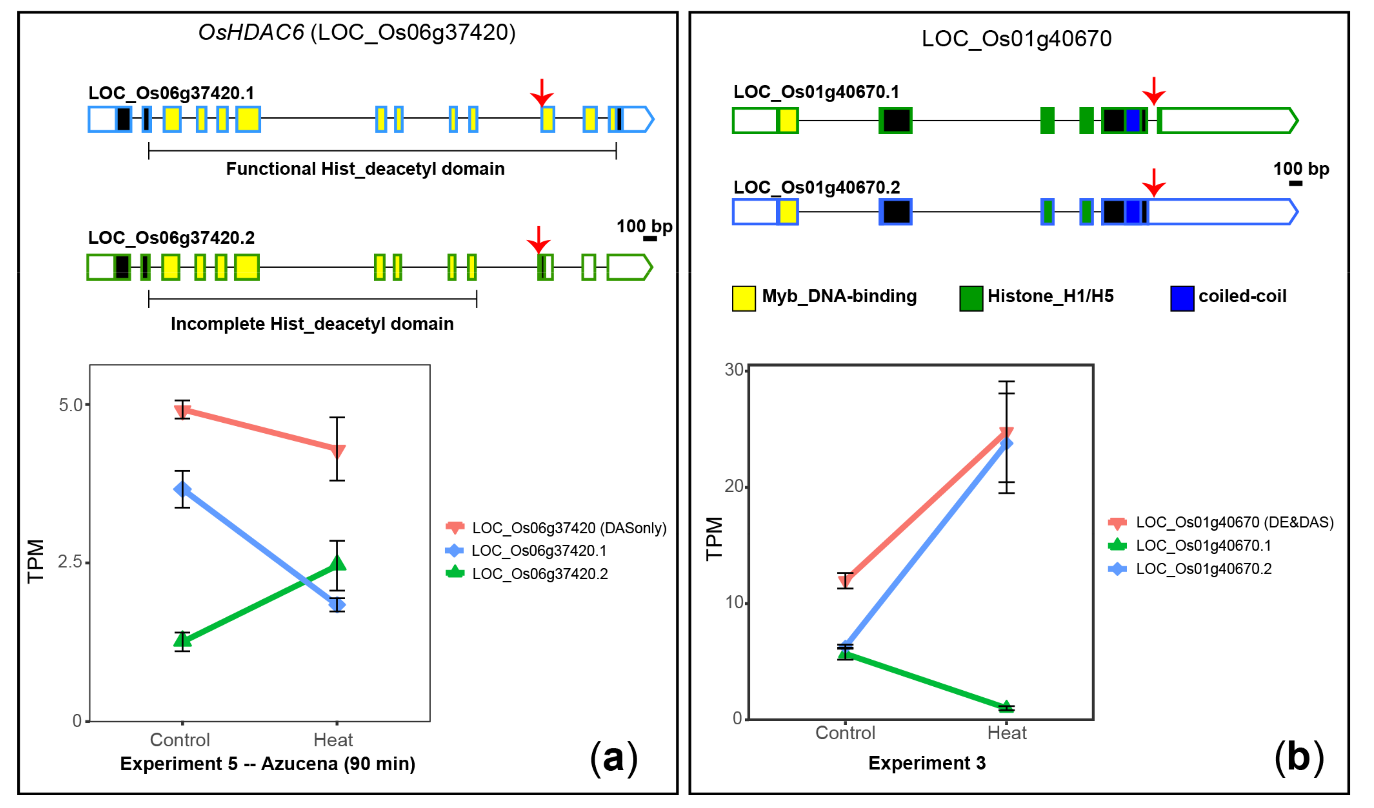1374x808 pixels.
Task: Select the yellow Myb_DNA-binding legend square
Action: [744, 299]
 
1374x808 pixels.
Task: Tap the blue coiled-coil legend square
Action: [1182, 299]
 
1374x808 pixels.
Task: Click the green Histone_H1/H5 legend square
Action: [971, 299]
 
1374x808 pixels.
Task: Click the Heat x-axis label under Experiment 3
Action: [1007, 733]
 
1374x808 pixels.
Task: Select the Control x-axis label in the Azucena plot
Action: [180, 740]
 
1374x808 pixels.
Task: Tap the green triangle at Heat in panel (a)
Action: [338, 563]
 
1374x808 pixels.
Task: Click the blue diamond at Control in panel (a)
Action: [182, 489]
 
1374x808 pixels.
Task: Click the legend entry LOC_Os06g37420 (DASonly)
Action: [569, 528]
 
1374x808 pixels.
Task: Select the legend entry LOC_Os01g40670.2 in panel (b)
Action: [1203, 569]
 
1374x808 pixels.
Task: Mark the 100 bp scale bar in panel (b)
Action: [1295, 183]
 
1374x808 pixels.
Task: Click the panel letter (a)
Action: [613, 758]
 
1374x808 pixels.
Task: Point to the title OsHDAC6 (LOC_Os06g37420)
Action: [357, 33]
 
